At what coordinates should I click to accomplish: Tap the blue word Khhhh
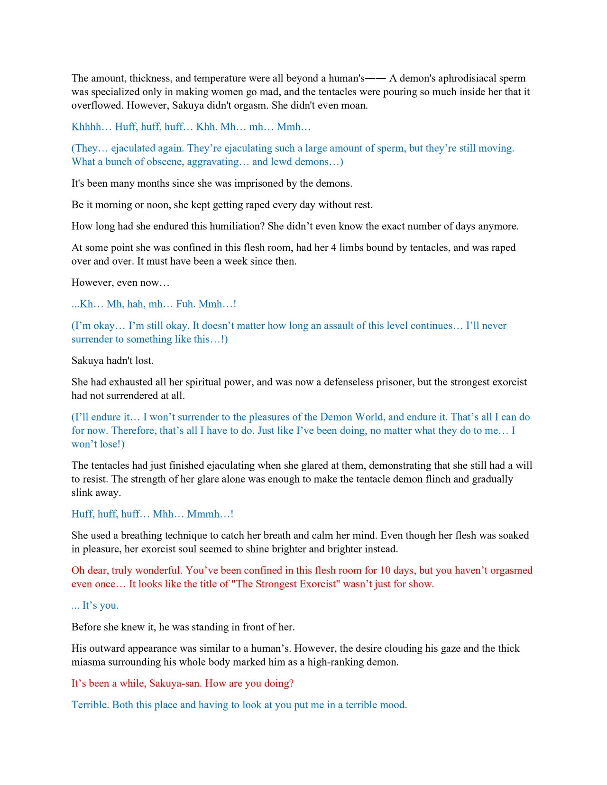[86, 127]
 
